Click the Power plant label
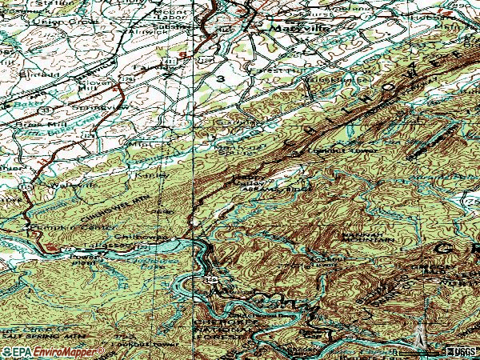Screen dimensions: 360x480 click(84, 259)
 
